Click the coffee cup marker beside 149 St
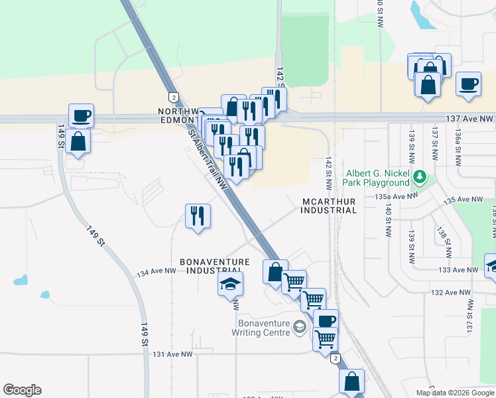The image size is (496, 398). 81,115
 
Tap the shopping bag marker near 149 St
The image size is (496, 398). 78,141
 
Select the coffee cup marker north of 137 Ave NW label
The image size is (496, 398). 468,84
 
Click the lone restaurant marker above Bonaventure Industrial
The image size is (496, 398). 198,216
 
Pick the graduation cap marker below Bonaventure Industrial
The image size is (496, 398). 230,284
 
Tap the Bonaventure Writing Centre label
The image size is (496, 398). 264,328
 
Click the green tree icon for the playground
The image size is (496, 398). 419,177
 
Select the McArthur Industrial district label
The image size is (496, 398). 329,205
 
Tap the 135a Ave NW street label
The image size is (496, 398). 397,196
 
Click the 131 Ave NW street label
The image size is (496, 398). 172,355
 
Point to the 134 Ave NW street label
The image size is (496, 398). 156,271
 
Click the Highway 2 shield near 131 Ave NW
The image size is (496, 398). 336,359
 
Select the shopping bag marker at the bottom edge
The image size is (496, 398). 351,381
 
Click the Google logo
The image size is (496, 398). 22,390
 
